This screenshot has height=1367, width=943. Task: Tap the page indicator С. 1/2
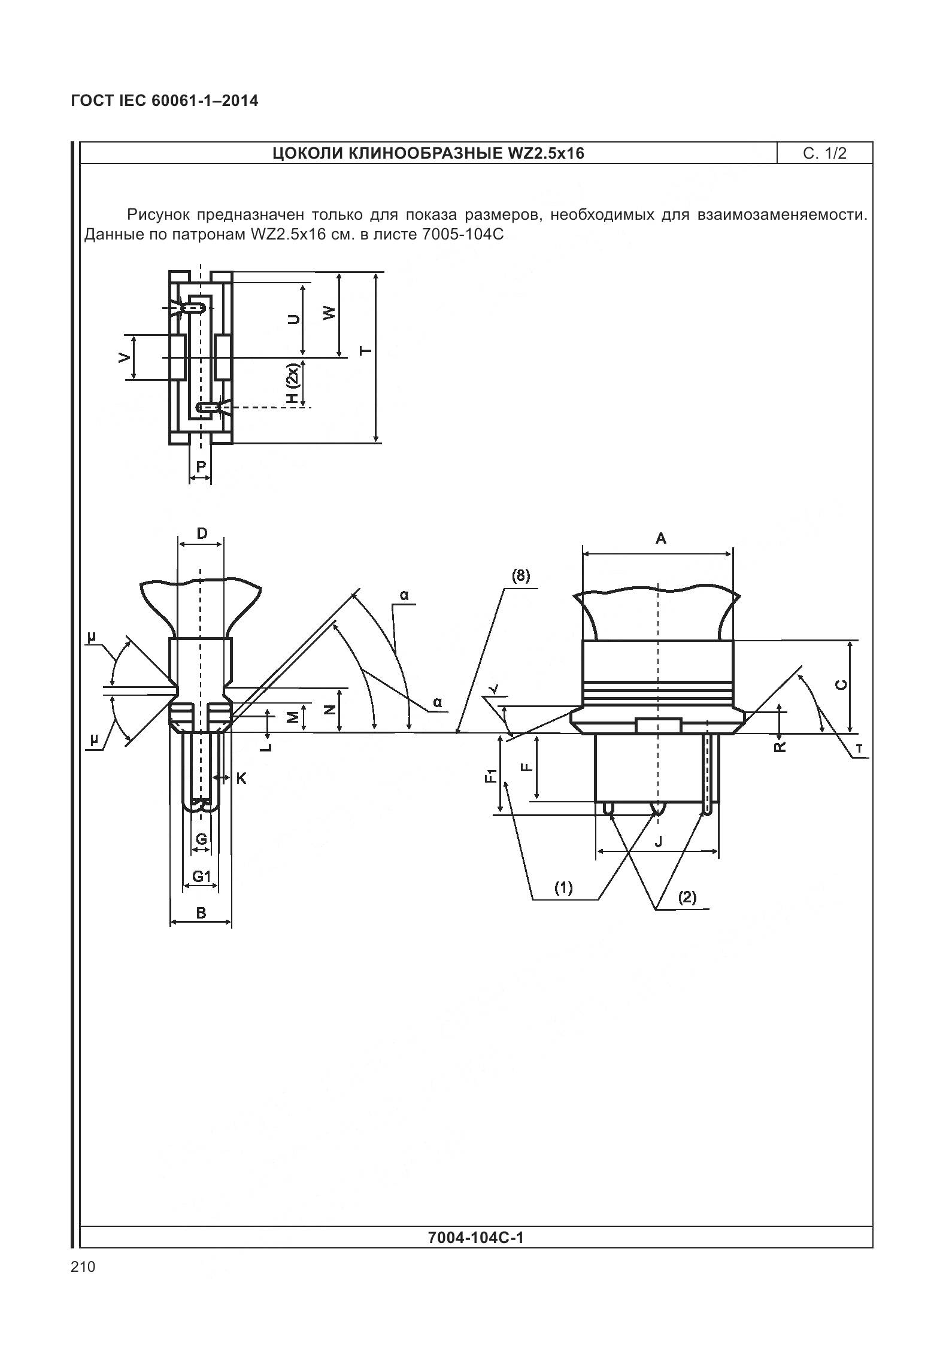[x=824, y=153]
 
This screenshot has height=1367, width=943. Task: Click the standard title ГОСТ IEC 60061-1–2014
[x=165, y=101]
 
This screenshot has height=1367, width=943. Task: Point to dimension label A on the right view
[x=660, y=538]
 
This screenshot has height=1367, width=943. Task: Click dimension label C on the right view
[x=841, y=684]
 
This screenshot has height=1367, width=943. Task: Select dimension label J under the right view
[x=659, y=841]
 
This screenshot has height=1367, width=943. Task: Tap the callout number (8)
[x=520, y=575]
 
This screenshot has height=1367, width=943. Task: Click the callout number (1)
[x=563, y=887]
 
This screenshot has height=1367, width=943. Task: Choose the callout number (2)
[x=687, y=897]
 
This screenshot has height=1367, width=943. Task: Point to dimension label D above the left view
[x=202, y=533]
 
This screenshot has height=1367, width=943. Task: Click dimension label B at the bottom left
[x=201, y=913]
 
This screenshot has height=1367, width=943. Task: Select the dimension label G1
[x=202, y=877]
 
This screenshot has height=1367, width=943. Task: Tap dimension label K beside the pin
[x=241, y=778]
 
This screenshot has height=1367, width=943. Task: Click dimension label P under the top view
[x=201, y=466]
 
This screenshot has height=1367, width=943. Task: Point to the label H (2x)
[x=292, y=383]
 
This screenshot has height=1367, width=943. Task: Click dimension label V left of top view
[x=124, y=357]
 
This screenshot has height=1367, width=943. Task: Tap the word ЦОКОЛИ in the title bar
[x=307, y=153]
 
